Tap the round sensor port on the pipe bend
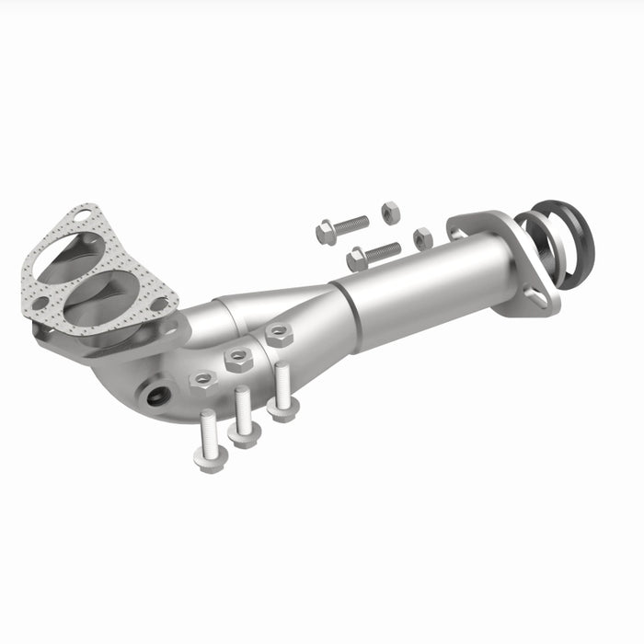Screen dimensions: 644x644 (x=157, y=397)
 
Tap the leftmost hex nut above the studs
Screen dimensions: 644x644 (x=201, y=379)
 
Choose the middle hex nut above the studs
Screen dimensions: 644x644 (x=238, y=358)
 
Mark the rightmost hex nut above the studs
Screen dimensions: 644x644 (x=277, y=335)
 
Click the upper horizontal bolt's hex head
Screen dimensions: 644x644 (x=326, y=234)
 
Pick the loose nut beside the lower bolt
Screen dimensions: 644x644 (x=422, y=238)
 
